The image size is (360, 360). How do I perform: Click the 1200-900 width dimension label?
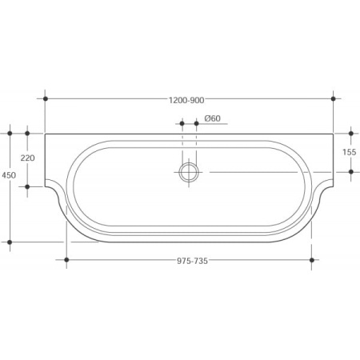(186, 100)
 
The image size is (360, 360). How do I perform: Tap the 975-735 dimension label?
(192, 261)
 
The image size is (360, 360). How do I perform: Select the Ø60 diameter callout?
(213, 118)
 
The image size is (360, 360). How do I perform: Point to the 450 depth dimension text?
(9, 175)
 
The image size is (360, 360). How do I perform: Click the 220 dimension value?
(27, 158)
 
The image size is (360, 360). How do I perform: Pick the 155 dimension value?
(349, 152)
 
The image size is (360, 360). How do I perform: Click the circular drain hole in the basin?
(189, 172)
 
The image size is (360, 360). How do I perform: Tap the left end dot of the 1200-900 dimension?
(46, 98)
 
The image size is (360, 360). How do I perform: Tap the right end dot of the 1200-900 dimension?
(333, 98)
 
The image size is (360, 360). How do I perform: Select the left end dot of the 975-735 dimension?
(66, 260)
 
